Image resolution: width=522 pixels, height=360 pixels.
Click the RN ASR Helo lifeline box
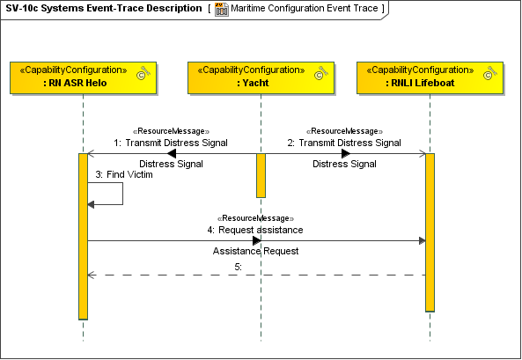click(x=82, y=77)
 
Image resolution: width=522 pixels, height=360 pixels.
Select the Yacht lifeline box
click(x=260, y=77)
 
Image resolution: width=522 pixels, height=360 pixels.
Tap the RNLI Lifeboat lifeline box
click(x=430, y=77)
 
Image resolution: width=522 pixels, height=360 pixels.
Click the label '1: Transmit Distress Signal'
click(x=171, y=143)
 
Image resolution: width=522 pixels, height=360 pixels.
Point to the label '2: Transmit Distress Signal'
click(x=344, y=143)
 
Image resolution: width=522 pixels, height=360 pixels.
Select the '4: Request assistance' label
click(x=255, y=230)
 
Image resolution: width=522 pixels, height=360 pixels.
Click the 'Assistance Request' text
click(x=255, y=251)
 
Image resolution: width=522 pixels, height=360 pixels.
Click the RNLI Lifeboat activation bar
click(x=430, y=231)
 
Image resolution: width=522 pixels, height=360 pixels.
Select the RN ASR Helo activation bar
click(x=83, y=236)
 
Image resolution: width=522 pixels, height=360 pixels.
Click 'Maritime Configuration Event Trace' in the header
click(x=304, y=9)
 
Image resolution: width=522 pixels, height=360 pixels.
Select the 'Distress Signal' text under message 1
click(x=171, y=164)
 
